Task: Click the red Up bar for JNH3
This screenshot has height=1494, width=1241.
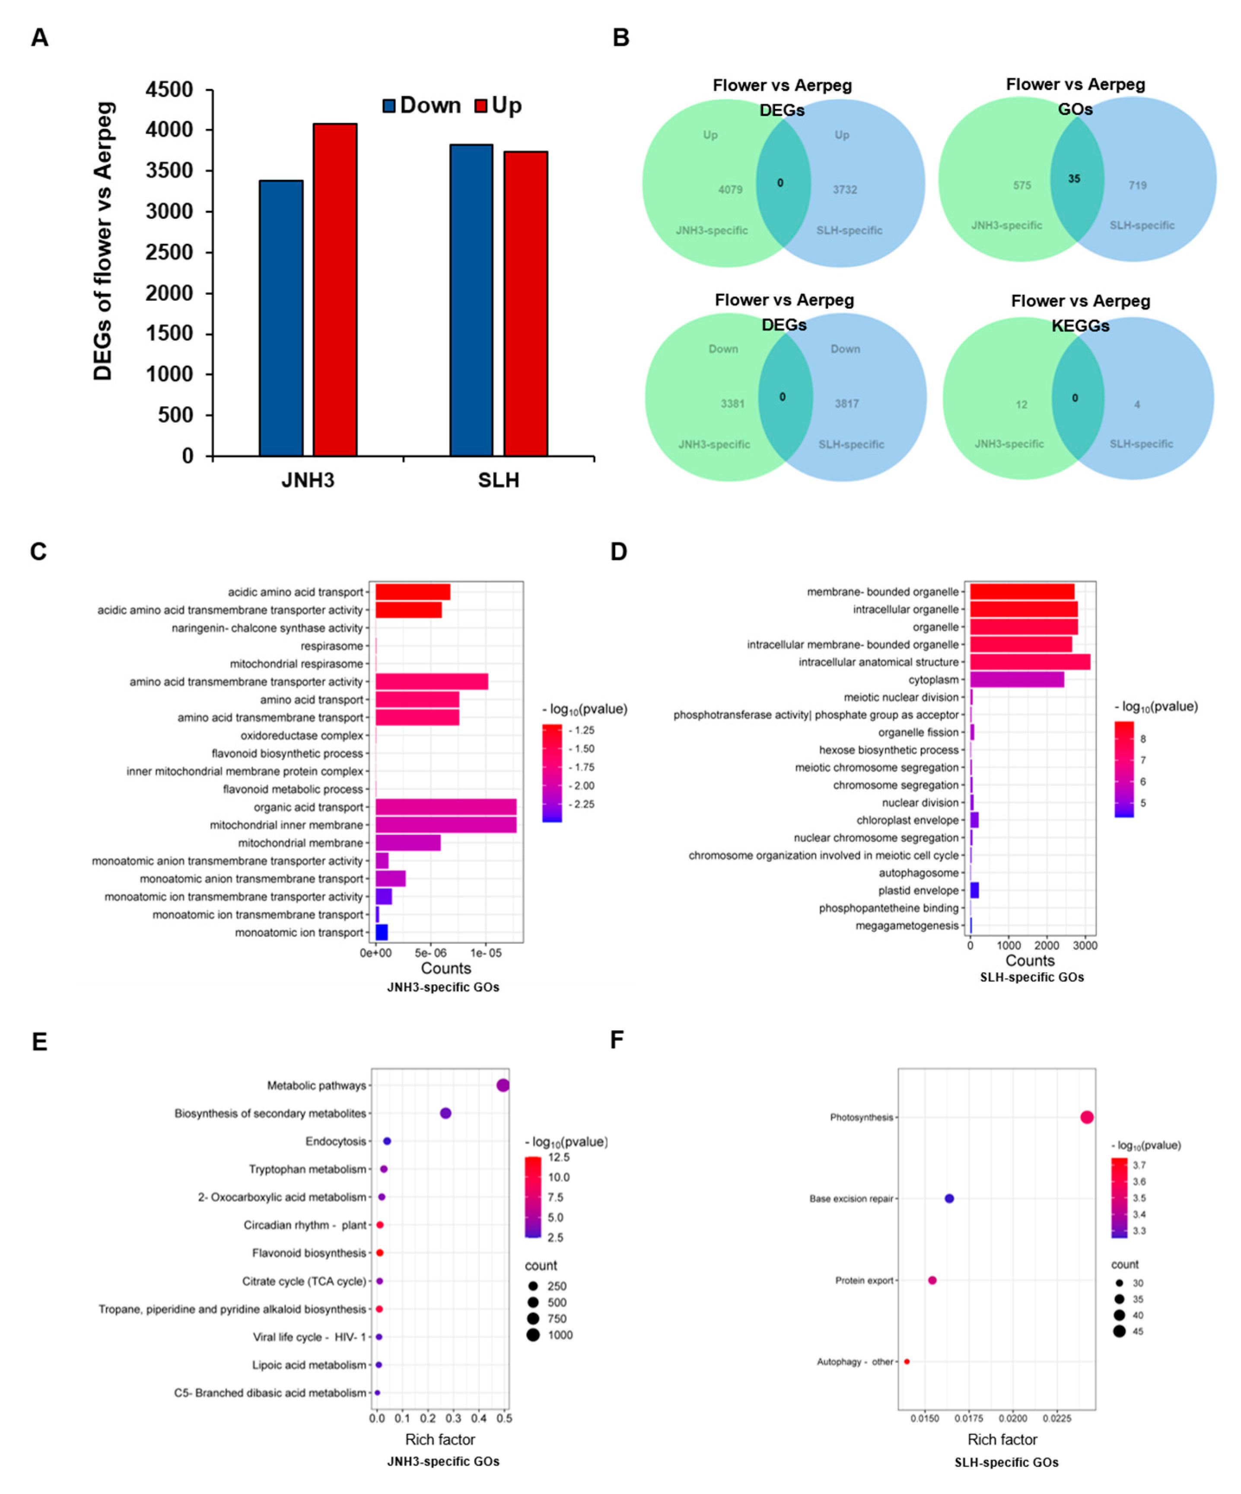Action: coord(335,290)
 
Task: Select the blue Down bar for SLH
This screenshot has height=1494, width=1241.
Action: coord(471,300)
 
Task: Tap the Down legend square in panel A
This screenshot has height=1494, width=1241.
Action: coord(389,106)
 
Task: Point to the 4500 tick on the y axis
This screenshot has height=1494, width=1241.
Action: coord(169,90)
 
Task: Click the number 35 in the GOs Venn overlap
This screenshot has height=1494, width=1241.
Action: coord(1074,179)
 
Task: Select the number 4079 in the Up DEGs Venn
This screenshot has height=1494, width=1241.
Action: coord(730,190)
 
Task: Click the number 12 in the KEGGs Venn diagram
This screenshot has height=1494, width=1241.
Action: coord(1021,405)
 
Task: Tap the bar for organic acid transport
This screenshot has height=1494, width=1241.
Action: coord(446,807)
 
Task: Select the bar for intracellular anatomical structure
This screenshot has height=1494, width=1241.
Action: coord(1029,662)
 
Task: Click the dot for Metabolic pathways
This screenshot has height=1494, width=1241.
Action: coord(503,1085)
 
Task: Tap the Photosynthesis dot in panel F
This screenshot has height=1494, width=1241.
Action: coord(1087,1117)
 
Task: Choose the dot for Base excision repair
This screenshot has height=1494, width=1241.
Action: coord(949,1198)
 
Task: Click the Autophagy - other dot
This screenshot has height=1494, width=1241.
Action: coord(907,1361)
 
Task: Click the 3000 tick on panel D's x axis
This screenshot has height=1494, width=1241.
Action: coord(1085,945)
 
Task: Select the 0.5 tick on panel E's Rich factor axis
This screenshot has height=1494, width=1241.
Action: coord(504,1418)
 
